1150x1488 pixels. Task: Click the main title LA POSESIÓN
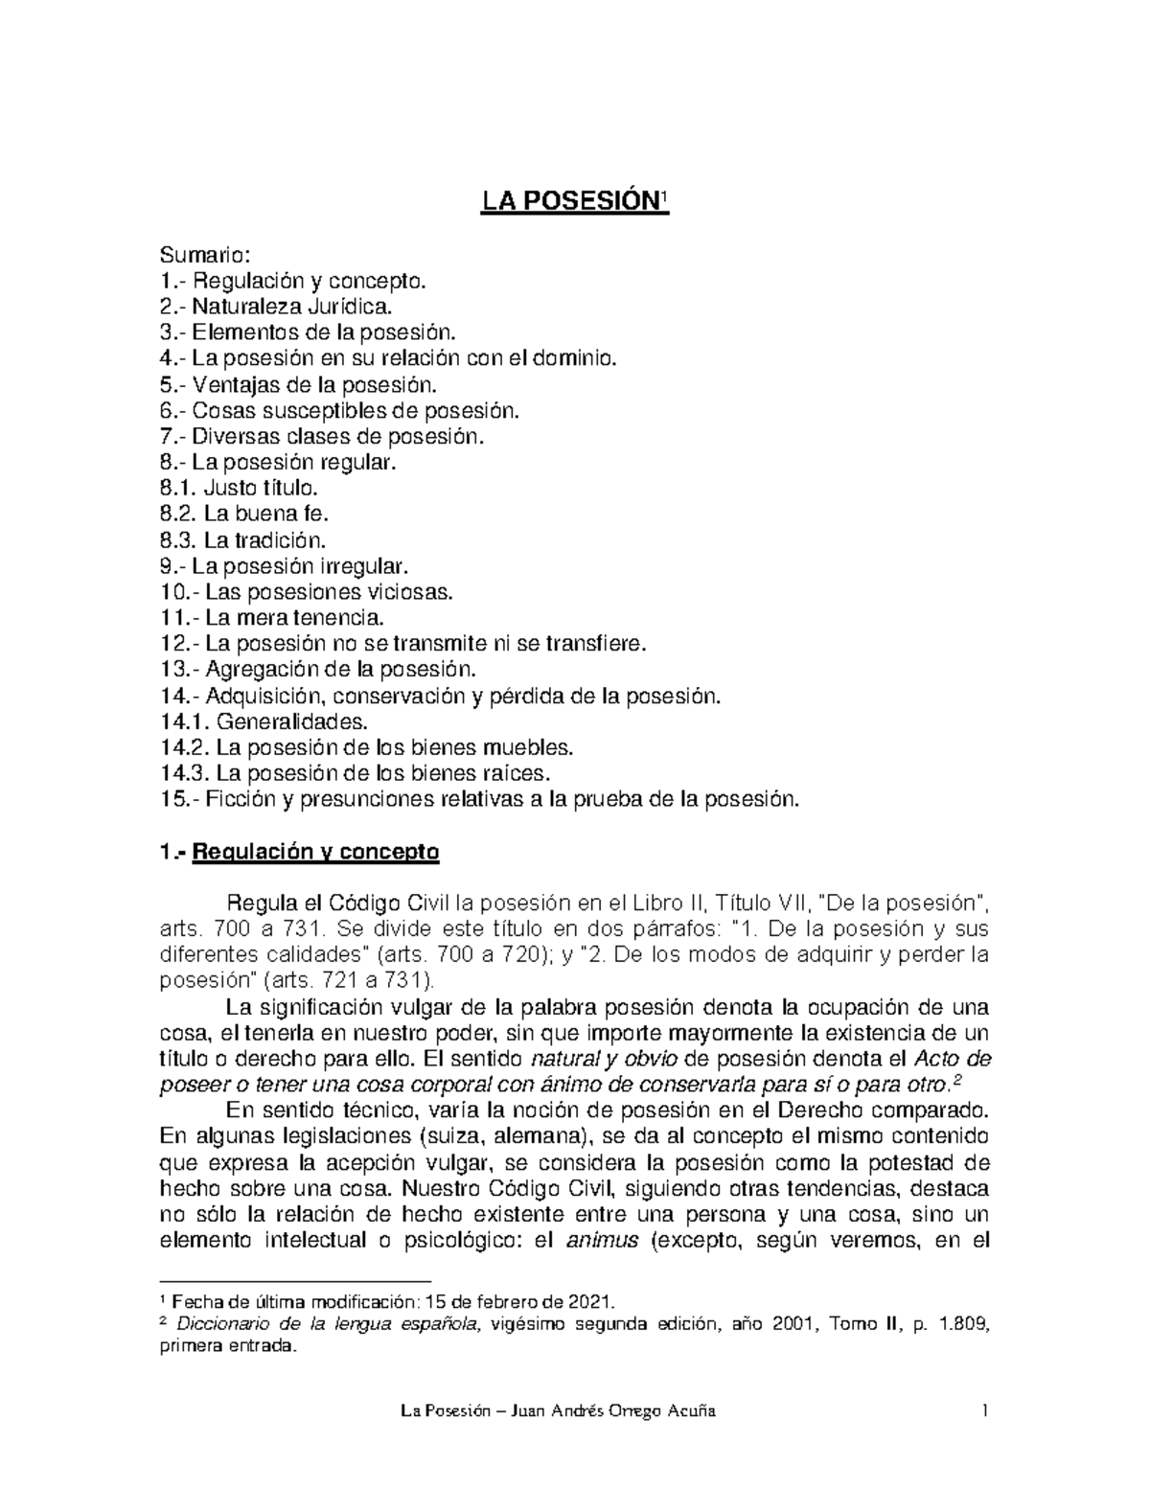(x=572, y=202)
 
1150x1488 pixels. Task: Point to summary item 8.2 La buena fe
(x=244, y=515)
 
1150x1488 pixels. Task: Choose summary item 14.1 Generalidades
(x=264, y=721)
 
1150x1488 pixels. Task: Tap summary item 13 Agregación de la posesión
(x=316, y=669)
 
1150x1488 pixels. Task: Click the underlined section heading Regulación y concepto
(x=315, y=852)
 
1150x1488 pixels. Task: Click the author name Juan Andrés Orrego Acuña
(x=614, y=1412)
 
